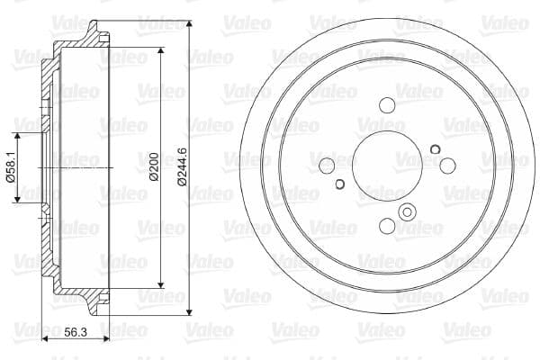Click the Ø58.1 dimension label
tap(11, 166)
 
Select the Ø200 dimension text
tap(154, 166)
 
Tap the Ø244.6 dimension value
tap(182, 166)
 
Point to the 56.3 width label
tap(76, 332)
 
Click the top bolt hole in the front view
tap(387, 105)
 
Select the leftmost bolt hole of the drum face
tap(327, 166)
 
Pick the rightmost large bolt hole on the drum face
tap(447, 166)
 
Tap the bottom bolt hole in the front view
tap(387, 226)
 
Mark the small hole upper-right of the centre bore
tap(436, 149)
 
